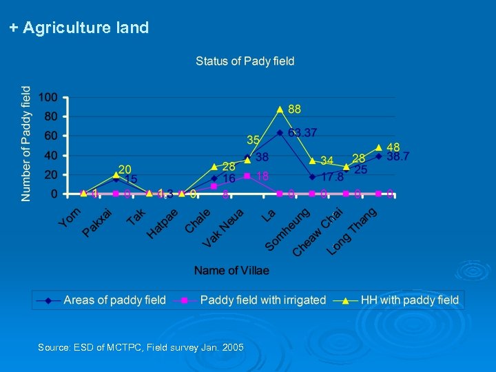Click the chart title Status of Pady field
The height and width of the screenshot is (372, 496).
point(245,61)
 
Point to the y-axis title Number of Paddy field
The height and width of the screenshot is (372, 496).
point(26,143)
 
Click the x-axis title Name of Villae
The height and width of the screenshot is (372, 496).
point(231,271)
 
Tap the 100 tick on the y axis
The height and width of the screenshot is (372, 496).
point(48,98)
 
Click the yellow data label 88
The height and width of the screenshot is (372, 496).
point(294,110)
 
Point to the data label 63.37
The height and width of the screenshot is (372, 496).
point(302,132)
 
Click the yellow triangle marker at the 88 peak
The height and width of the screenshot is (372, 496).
point(280,110)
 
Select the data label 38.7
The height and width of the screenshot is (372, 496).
point(397,157)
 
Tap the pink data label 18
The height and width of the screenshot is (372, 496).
point(262,176)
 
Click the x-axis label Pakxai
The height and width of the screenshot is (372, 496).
point(97,221)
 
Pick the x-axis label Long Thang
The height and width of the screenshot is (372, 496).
point(351,231)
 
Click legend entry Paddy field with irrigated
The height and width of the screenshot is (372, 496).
point(262,300)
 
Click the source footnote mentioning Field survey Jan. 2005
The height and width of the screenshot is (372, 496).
point(141,348)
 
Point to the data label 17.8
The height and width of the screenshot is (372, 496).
point(332,176)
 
